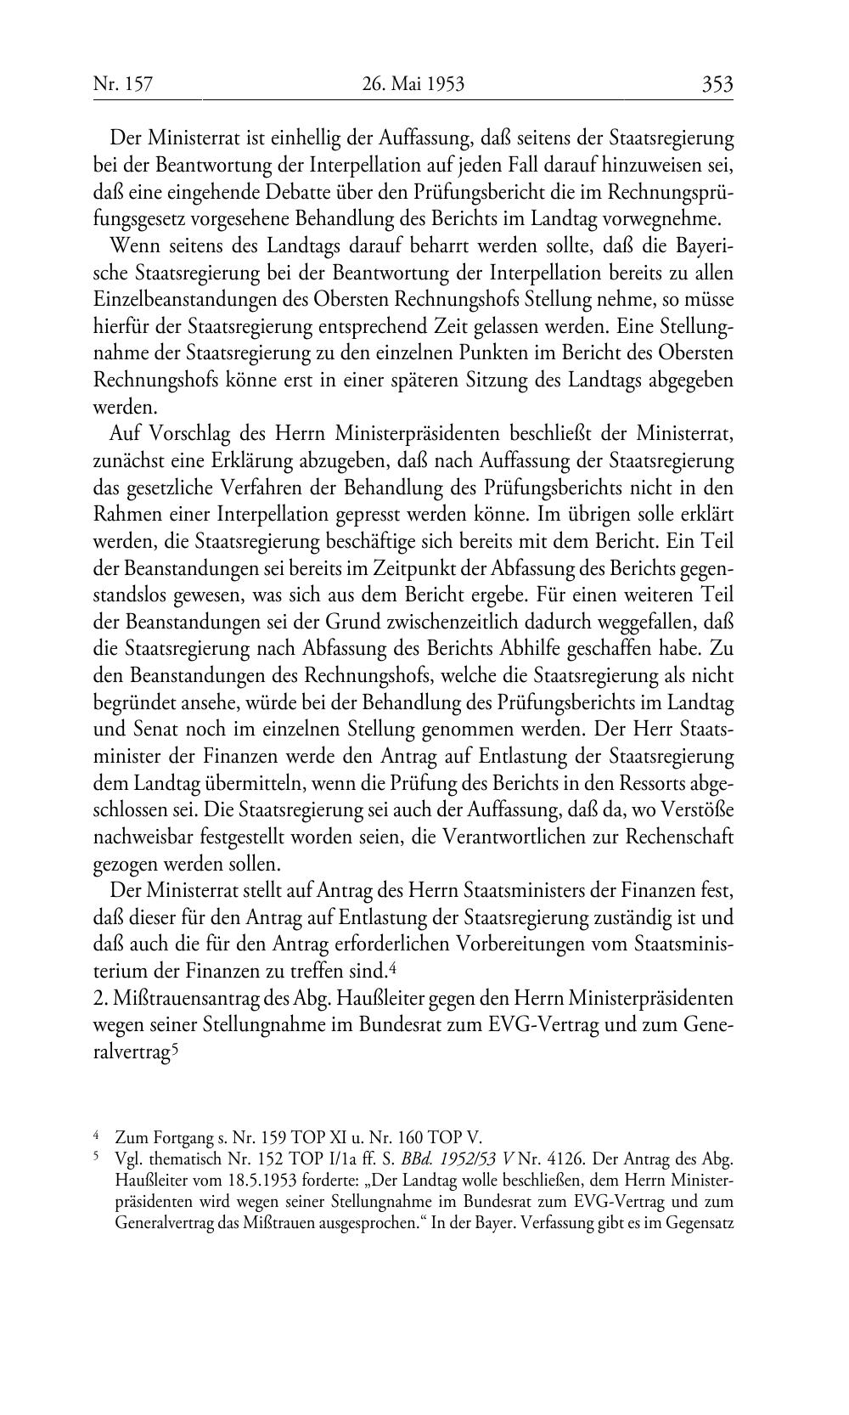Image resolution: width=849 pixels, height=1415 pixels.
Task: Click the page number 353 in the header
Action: [x=717, y=84]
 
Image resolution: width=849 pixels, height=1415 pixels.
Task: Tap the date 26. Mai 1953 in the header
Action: [x=413, y=84]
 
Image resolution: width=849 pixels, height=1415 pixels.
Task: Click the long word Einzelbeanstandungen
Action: [x=179, y=300]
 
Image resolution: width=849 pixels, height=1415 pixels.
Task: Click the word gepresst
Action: [x=377, y=515]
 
